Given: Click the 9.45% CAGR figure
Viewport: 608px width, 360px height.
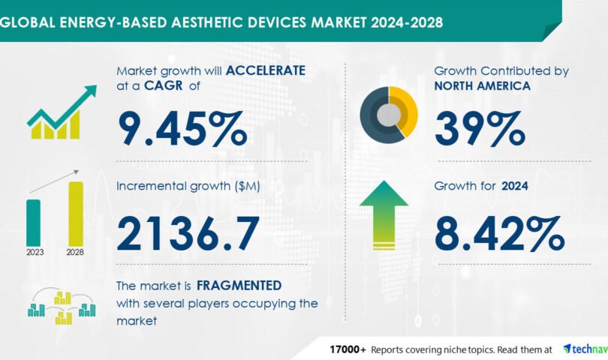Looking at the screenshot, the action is (182, 129).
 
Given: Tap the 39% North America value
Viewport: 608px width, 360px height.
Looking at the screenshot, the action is (480, 129).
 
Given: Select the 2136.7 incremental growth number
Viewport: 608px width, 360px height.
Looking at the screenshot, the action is (188, 234).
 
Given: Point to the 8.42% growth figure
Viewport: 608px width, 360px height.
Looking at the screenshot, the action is (499, 234).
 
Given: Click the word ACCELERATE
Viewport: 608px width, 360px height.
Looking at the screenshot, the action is (266, 70).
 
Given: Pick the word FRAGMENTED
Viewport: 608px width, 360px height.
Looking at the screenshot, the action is (239, 286).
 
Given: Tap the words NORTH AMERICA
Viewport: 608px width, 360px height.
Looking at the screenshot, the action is (483, 85).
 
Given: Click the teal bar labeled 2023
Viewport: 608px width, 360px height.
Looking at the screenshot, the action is (33, 223).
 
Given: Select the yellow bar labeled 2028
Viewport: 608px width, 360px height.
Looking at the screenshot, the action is (76, 214).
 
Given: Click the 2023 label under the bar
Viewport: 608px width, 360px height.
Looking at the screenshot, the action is (35, 252).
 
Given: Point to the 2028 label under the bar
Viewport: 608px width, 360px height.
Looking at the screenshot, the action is (75, 252).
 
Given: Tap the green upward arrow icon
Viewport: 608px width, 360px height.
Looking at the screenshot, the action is (384, 214).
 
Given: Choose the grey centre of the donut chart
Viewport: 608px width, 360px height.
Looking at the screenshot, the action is (389, 115).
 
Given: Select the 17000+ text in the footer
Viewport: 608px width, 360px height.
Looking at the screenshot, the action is (348, 350).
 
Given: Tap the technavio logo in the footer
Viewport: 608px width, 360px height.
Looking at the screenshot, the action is (585, 349).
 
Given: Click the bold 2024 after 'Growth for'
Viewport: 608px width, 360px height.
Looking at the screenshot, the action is (515, 186).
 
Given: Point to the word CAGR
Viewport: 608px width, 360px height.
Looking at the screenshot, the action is (163, 85).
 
